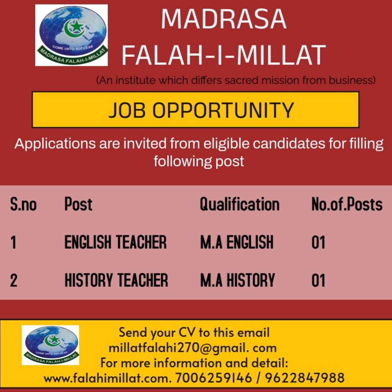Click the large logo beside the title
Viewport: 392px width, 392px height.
pyautogui.click(x=72, y=35)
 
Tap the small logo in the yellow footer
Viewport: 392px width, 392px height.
pyautogui.click(x=51, y=345)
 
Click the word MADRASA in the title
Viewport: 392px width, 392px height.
pyautogui.click(x=224, y=19)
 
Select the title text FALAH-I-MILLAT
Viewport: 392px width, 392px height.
pyautogui.click(x=224, y=55)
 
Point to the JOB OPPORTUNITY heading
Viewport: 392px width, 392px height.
pyautogui.click(x=201, y=110)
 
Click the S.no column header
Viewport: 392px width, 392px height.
pyautogui.click(x=23, y=204)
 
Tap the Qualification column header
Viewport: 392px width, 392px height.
pyautogui.click(x=240, y=204)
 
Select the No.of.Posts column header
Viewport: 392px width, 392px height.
pyautogui.click(x=347, y=204)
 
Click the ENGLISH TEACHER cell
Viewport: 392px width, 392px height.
pyautogui.click(x=115, y=242)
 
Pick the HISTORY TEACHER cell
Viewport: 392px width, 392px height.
pyautogui.click(x=116, y=280)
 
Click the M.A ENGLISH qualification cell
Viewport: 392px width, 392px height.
pyautogui.click(x=237, y=242)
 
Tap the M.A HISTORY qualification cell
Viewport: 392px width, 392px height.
pyautogui.click(x=237, y=280)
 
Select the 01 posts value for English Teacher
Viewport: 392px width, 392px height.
pyautogui.click(x=318, y=242)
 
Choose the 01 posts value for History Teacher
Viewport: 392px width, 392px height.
pyautogui.click(x=318, y=280)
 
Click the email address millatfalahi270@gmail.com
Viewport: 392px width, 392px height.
pyautogui.click(x=193, y=348)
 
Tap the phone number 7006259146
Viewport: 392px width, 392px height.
pyautogui.click(x=213, y=378)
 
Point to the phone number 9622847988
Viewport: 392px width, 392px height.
pyautogui.click(x=305, y=378)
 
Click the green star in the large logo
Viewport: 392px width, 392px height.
pyautogui.click(x=77, y=26)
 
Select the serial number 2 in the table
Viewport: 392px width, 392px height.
pyautogui.click(x=14, y=280)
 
